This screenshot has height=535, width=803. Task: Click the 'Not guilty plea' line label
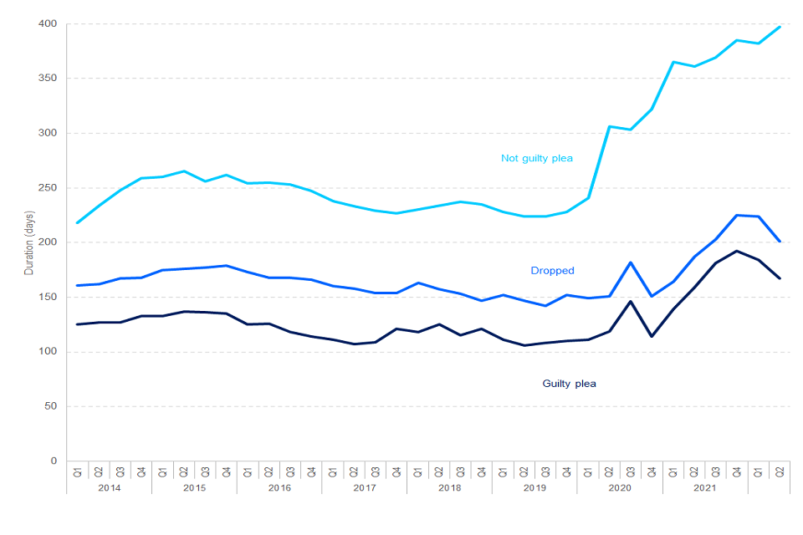[x=536, y=158]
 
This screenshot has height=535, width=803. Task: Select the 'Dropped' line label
[x=552, y=271]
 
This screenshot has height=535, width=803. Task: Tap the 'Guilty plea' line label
[x=569, y=384]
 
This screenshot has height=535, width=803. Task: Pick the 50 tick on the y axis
[x=51, y=406]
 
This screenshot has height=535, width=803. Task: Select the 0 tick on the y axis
[x=54, y=461]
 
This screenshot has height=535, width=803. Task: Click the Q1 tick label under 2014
[x=78, y=471]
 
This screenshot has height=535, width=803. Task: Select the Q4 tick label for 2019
[x=567, y=471]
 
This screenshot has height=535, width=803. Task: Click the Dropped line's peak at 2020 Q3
[x=631, y=262]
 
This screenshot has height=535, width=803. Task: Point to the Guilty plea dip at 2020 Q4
[x=652, y=336]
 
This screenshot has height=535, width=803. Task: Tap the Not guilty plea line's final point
[x=780, y=27]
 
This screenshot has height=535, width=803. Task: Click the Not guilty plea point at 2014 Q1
[x=78, y=222]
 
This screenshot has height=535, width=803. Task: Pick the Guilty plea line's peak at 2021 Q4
[x=737, y=251]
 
